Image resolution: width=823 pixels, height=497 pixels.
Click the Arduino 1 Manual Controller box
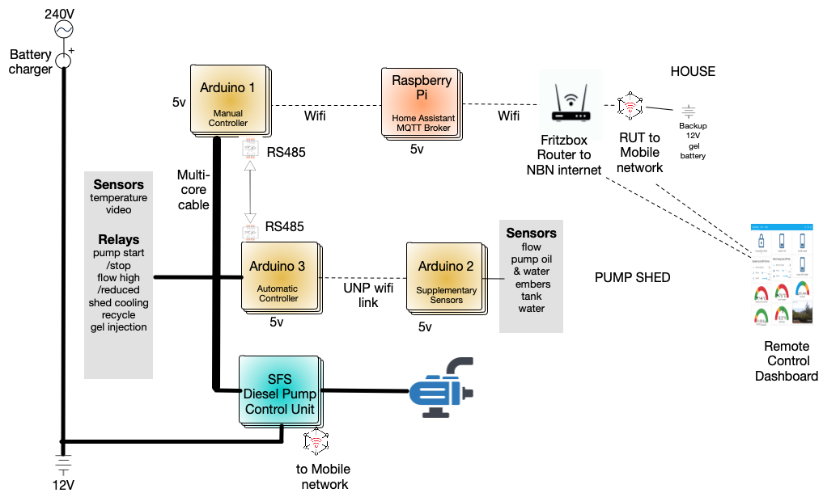pyautogui.click(x=228, y=99)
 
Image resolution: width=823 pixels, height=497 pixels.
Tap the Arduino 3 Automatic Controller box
pyautogui.click(x=278, y=277)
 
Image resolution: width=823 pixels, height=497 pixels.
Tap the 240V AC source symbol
pyautogui.click(x=62, y=29)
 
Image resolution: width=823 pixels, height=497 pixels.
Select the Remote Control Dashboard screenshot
pyautogui.click(x=781, y=275)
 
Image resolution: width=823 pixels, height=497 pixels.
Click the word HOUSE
pyautogui.click(x=693, y=71)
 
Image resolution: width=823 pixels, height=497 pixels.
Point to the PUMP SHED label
pyautogui.click(x=632, y=277)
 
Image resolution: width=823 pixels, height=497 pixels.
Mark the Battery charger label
pyautogui.click(x=31, y=62)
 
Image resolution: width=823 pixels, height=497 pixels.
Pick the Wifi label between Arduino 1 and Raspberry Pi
pyautogui.click(x=315, y=116)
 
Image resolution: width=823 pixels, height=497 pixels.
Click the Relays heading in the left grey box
pyautogui.click(x=118, y=239)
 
